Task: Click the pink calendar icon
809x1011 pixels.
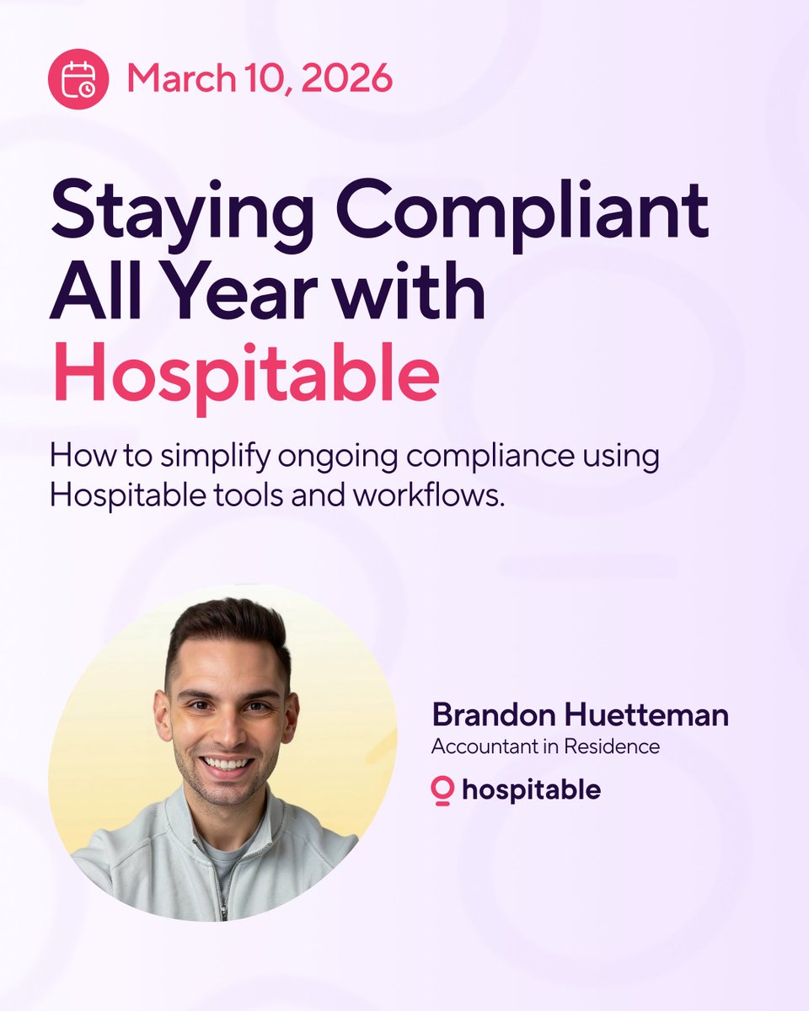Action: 78,79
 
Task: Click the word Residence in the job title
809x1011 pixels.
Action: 619,746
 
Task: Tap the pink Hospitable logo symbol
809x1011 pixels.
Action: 442,790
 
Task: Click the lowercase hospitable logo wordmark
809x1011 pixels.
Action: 531,790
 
